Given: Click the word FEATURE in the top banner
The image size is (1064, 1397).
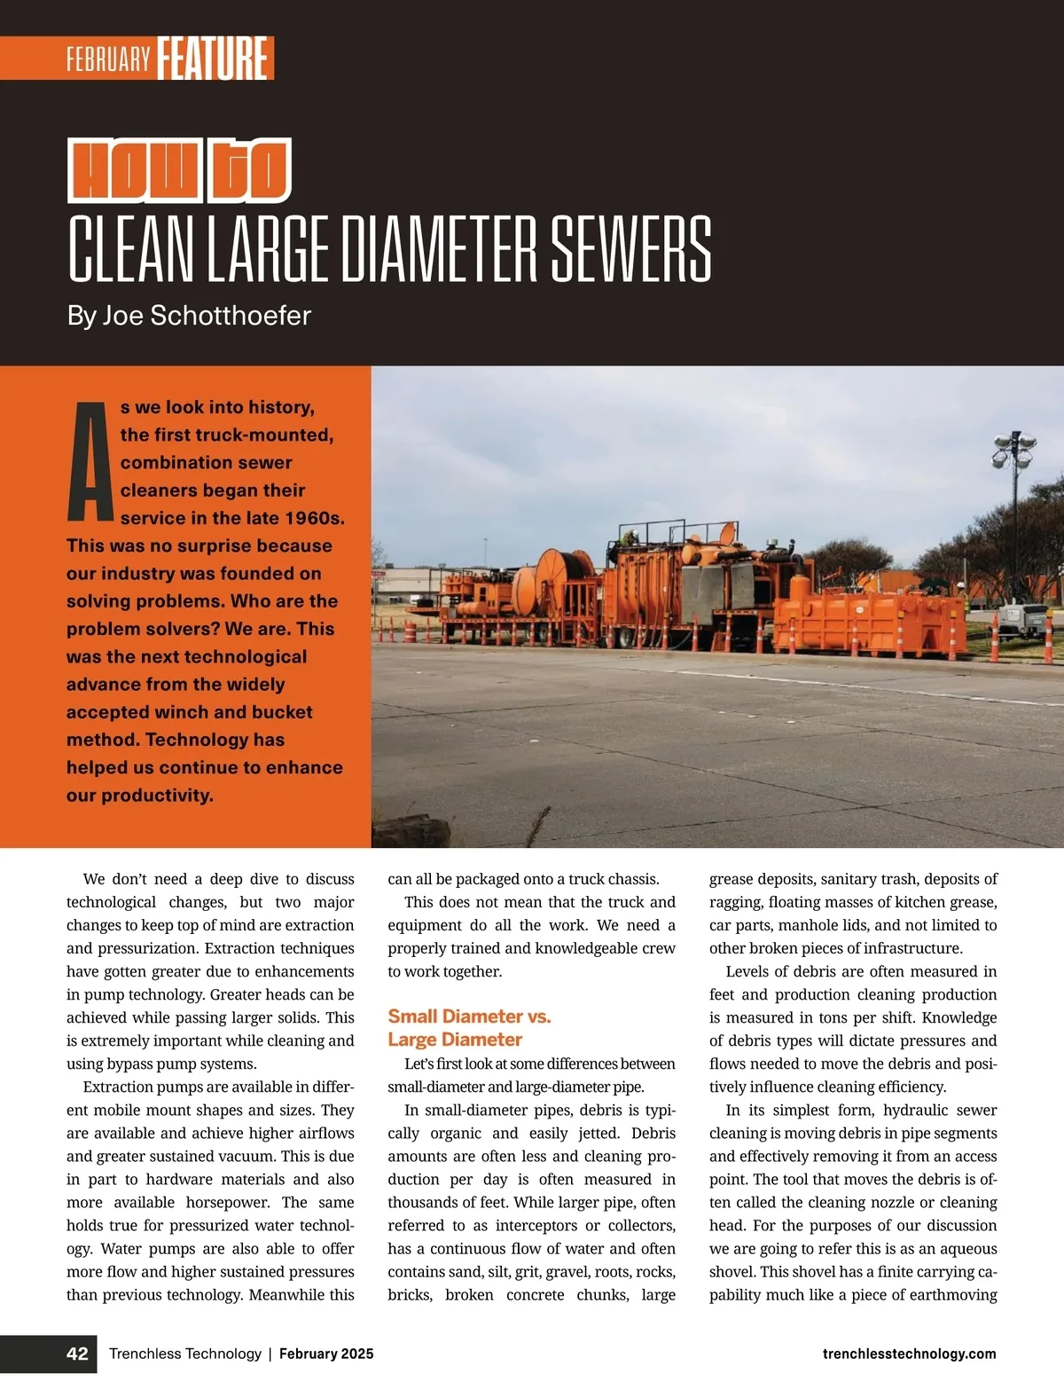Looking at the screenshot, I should click(x=213, y=59).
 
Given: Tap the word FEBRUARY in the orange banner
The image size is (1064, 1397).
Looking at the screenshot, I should click(x=108, y=59).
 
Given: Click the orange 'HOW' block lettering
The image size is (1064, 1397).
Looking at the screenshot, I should click(x=135, y=170).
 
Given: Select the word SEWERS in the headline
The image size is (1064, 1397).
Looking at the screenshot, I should click(x=630, y=249).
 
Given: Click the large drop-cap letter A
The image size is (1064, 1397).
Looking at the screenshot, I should click(x=90, y=461).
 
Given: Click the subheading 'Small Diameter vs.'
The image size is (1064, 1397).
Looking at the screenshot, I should click(x=469, y=1016).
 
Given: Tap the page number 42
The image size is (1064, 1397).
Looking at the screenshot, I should click(x=77, y=1354).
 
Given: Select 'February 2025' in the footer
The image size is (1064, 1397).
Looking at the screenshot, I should click(x=326, y=1354).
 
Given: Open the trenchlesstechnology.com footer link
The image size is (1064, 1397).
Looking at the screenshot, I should click(x=909, y=1354).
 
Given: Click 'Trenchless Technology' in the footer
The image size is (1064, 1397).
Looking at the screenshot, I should click(x=185, y=1354).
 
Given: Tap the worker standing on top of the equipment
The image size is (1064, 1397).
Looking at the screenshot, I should click(x=630, y=538).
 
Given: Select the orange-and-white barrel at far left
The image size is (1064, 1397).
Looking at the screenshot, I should click(x=409, y=632).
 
